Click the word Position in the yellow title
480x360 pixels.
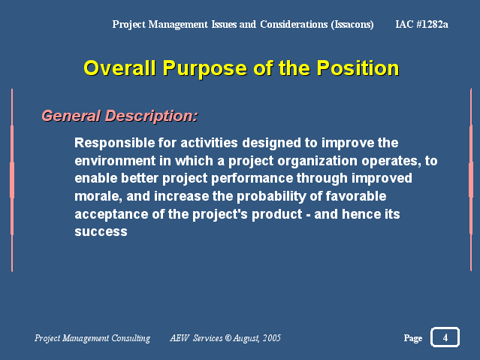(x=358, y=68)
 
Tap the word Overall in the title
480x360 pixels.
(x=119, y=68)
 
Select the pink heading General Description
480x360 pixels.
(x=119, y=116)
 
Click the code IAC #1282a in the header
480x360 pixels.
(x=421, y=24)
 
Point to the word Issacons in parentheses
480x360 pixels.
(x=352, y=25)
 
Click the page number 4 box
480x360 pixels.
(x=445, y=337)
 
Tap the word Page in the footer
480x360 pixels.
(x=413, y=338)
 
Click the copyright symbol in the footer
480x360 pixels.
(x=228, y=338)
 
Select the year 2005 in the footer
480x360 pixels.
(x=272, y=338)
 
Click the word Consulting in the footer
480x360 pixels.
(x=131, y=338)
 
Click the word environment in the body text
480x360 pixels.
(x=115, y=161)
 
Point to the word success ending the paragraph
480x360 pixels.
(x=101, y=232)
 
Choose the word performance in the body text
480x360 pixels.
(x=252, y=179)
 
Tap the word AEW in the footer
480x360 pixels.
(x=180, y=338)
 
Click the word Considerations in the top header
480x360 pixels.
(x=294, y=24)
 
